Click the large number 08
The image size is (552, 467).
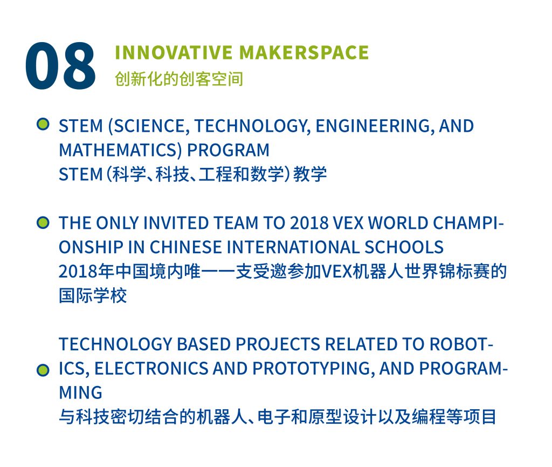pyautogui.click(x=60, y=66)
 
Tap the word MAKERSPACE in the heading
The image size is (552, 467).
pyautogui.click(x=304, y=52)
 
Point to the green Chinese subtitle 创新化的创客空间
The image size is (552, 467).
pyautogui.click(x=179, y=79)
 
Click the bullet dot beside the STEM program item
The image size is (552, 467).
pyautogui.click(x=43, y=125)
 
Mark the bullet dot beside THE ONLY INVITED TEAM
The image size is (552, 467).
pyautogui.click(x=43, y=222)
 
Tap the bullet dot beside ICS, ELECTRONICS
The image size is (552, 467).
pyautogui.click(x=43, y=370)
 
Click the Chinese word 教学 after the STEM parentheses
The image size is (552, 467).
pyautogui.click(x=310, y=174)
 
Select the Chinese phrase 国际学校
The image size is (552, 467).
pyautogui.click(x=93, y=296)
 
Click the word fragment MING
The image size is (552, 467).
pyautogui.click(x=80, y=392)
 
